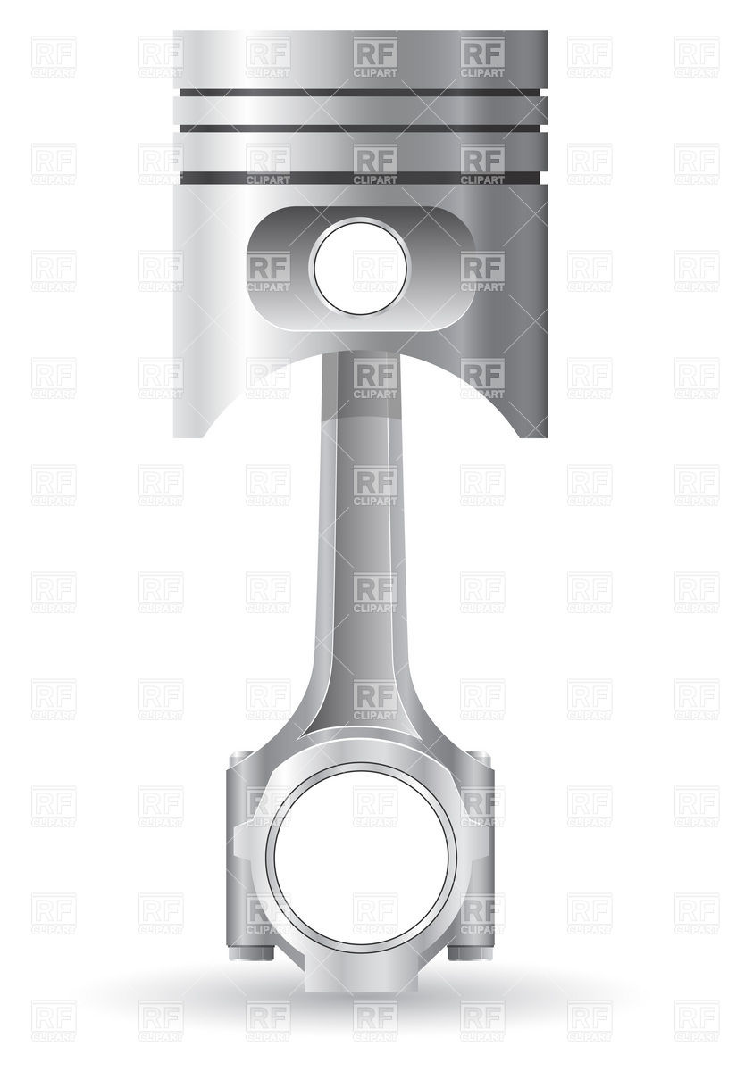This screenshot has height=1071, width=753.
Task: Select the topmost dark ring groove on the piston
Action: point(360,93)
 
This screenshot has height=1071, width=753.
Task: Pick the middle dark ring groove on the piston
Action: point(360,130)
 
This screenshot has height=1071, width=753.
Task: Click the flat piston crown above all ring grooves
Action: point(360,59)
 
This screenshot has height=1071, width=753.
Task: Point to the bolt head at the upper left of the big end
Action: point(239,761)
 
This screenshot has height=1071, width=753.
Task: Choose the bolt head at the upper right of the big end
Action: point(480,761)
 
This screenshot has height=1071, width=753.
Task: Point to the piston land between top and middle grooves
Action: point(360,112)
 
